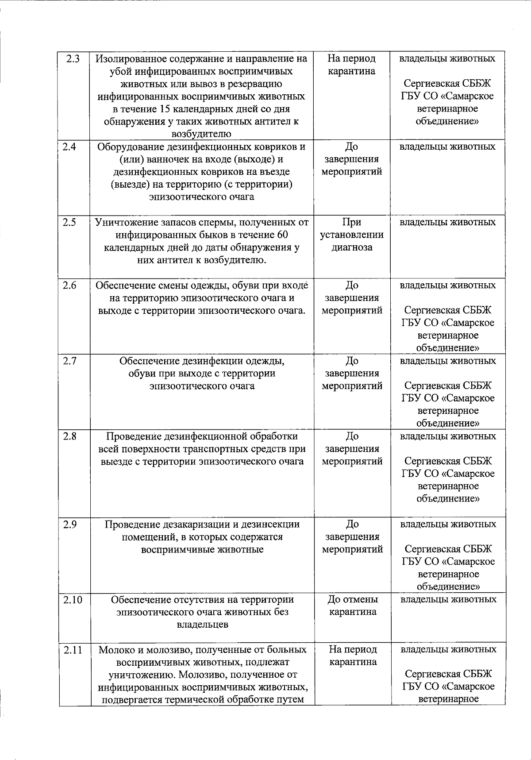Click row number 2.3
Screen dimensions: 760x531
point(72,58)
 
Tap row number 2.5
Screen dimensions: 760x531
point(69,222)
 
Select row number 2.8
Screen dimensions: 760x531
point(70,436)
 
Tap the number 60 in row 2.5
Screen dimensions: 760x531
point(282,235)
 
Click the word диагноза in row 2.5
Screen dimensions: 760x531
point(352,247)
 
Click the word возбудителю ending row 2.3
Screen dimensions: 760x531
point(201,134)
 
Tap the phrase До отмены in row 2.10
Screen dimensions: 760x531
point(352,600)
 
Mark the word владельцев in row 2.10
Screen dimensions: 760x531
point(202,625)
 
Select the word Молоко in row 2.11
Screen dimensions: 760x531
point(114,650)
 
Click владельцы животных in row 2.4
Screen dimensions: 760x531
point(447,147)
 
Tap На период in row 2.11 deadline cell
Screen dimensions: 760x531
point(353,649)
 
